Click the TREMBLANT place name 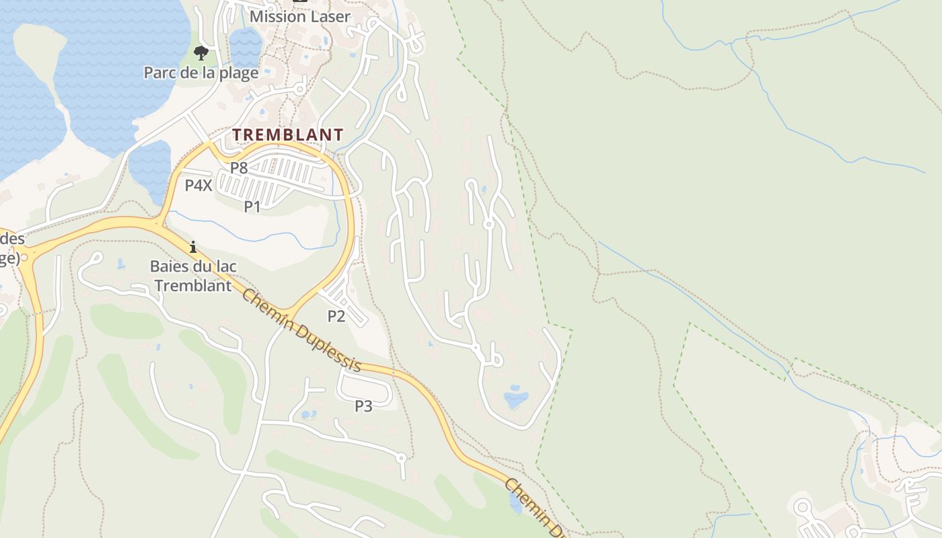click(288, 134)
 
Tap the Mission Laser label click(300, 16)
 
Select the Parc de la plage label click(201, 73)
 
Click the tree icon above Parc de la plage click(201, 52)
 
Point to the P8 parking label click(240, 167)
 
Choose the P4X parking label click(198, 186)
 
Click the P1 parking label click(252, 206)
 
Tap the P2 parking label click(336, 316)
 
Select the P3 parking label click(363, 406)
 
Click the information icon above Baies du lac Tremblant click(193, 247)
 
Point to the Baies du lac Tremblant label click(193, 276)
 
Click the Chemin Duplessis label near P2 click(301, 330)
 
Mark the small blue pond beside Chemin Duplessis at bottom click(515, 502)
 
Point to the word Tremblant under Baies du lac click(193, 285)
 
